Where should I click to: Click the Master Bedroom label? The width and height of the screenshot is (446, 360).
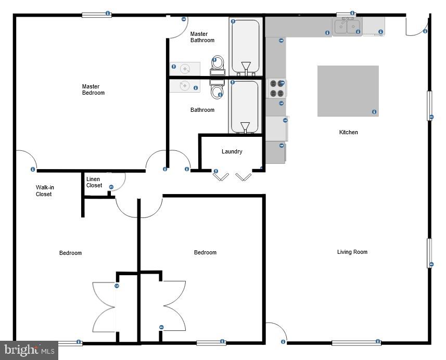pos(93,90)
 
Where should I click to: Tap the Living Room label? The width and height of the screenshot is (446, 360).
pos(352,252)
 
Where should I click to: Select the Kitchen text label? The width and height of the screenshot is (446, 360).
pos(348,132)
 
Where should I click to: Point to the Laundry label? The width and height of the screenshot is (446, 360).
pos(232,152)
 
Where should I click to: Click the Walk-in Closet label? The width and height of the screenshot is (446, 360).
pos(44,191)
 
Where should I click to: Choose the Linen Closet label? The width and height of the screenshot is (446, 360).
pos(94,183)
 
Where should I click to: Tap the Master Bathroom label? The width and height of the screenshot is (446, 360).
pos(202,37)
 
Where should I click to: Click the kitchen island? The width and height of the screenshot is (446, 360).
pos(348,91)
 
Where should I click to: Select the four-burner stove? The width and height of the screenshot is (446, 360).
pos(277,89)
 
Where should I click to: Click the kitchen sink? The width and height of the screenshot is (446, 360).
pos(347,25)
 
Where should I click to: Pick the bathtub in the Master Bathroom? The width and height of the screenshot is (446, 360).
pos(245,46)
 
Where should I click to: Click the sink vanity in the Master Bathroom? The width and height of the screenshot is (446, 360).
pos(185,68)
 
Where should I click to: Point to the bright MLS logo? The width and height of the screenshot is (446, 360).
pos(29,350)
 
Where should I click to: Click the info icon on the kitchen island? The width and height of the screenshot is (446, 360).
pos(374,112)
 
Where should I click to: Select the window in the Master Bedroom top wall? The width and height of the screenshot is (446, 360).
pos(96,15)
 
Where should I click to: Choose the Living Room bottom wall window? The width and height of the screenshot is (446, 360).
pos(356,342)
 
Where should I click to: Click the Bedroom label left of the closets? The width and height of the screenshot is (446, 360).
pos(70,253)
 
